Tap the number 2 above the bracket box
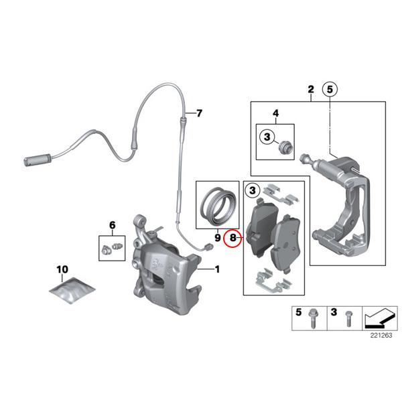[x=310, y=90]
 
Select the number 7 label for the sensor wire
[x=198, y=113]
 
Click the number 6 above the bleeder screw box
[x=112, y=224]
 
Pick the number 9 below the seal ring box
[x=217, y=237]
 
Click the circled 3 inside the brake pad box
[x=252, y=192]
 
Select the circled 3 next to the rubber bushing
[x=267, y=138]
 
